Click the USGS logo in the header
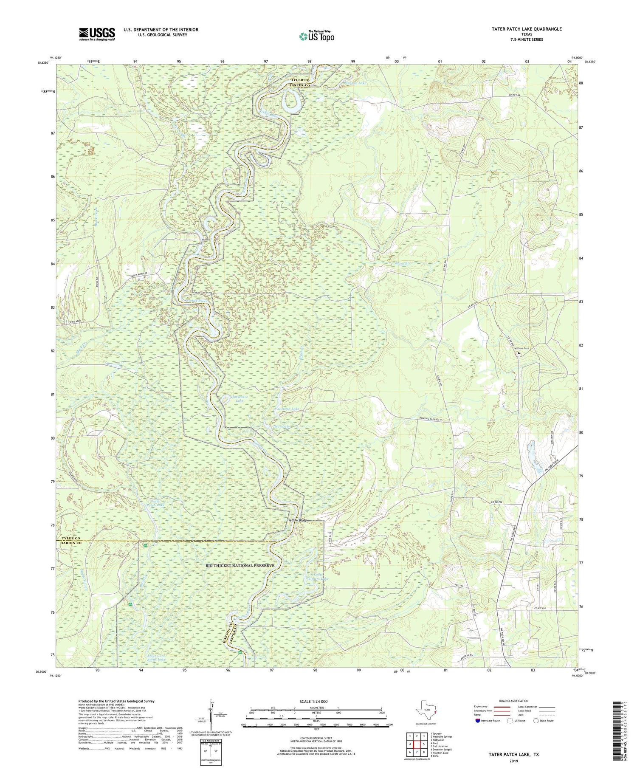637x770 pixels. click(x=96, y=34)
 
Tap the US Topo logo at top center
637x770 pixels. click(x=316, y=36)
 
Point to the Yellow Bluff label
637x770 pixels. click(x=295, y=519)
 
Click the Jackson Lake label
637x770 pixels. click(x=288, y=409)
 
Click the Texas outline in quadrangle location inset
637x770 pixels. click(x=423, y=711)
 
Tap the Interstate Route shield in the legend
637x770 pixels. click(x=479, y=720)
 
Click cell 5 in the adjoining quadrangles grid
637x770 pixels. click(x=423, y=744)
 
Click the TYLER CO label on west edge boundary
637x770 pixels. click(x=70, y=539)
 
